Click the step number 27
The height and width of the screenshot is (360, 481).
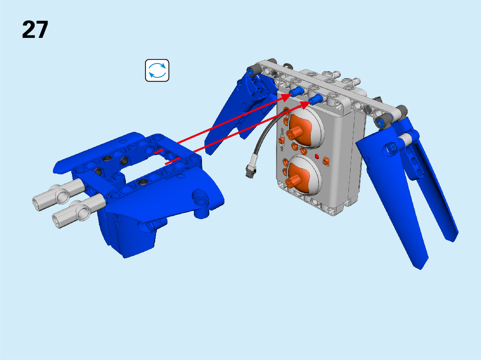[x=35, y=30]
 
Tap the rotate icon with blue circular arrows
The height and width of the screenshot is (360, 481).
[x=157, y=70]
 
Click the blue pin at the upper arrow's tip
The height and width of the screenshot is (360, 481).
[x=297, y=91]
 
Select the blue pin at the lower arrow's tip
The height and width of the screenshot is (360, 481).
[x=316, y=99]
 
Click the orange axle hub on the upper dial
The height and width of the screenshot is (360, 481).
[x=294, y=132]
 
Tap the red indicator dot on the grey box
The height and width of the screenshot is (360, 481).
[x=316, y=157]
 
